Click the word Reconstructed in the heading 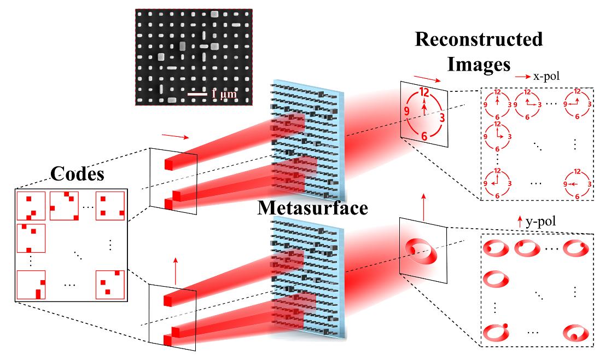[479, 40]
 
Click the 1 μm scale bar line [197, 95]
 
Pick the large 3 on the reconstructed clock [442, 118]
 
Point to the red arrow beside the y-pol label [519, 222]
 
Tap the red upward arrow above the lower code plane [176, 269]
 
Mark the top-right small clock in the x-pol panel [575, 103]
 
